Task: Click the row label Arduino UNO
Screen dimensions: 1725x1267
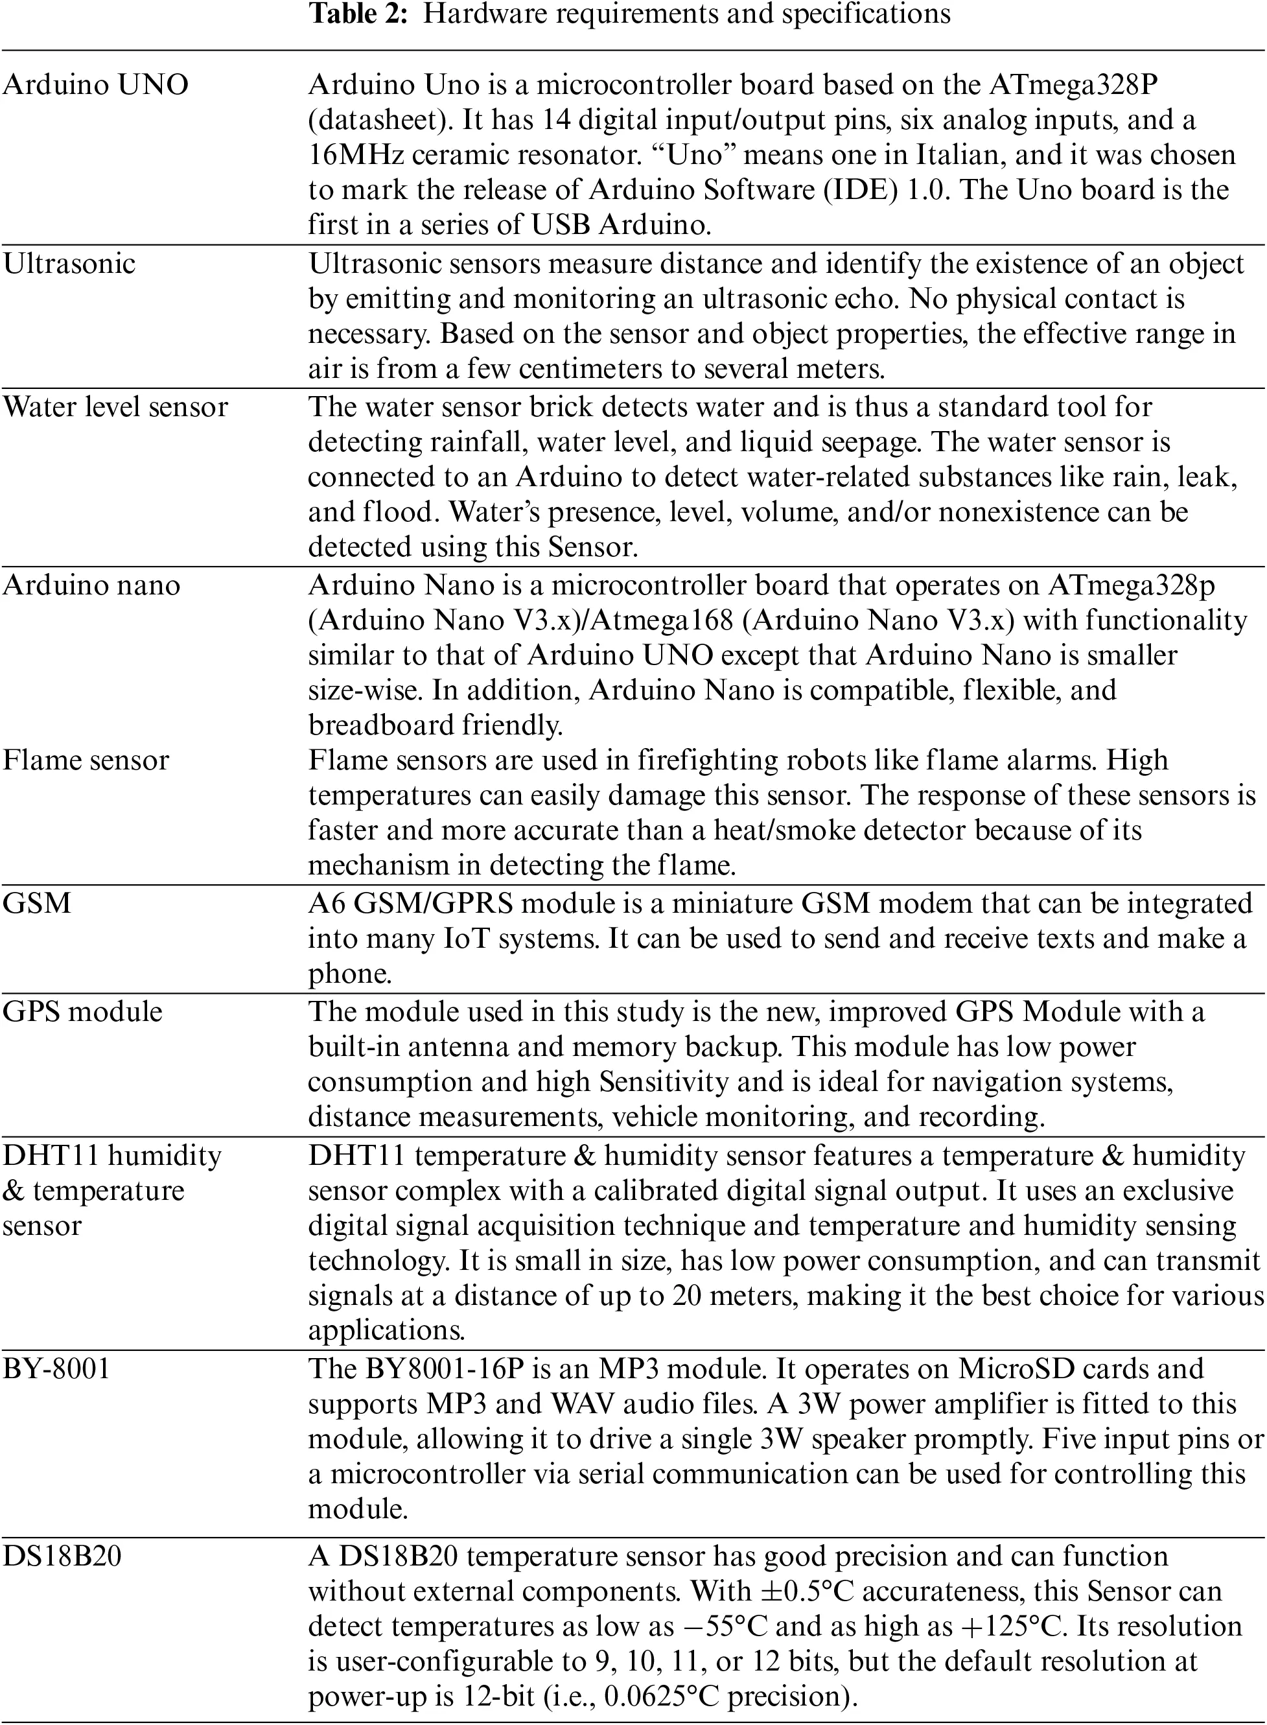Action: pyautogui.click(x=95, y=84)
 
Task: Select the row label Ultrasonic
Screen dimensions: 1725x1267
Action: pyautogui.click(x=69, y=264)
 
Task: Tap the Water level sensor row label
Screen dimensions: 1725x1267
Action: pyautogui.click(x=115, y=406)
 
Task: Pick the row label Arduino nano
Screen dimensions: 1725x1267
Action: pyautogui.click(x=91, y=585)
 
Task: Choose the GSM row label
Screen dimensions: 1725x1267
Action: pyautogui.click(x=37, y=904)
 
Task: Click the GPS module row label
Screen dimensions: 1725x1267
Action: pyautogui.click(x=82, y=1012)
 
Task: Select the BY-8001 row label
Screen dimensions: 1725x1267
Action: pyautogui.click(x=56, y=1369)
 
